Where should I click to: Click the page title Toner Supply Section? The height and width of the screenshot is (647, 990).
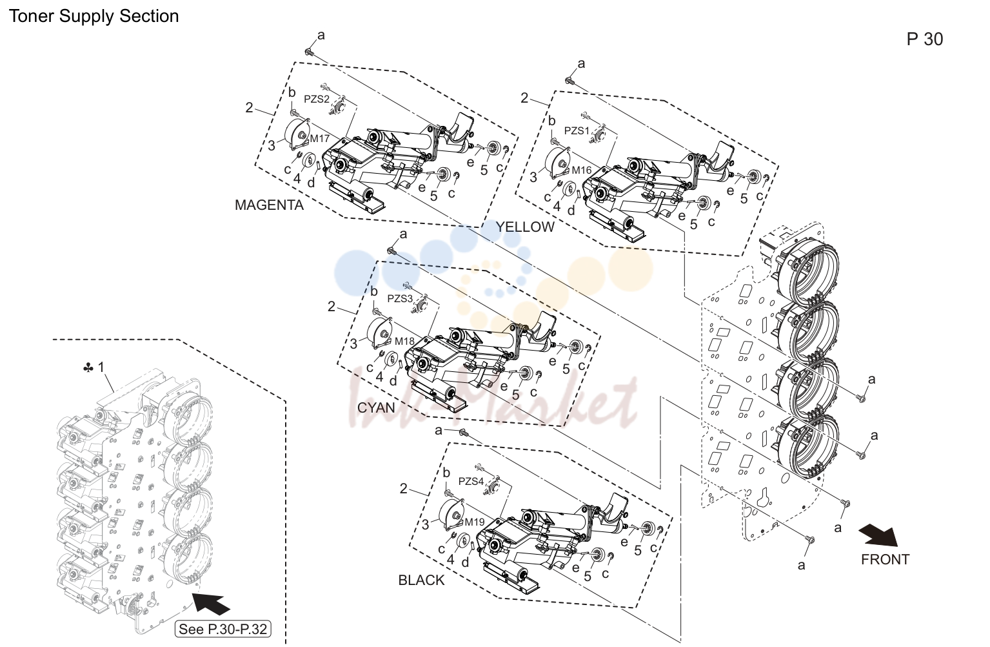point(94,16)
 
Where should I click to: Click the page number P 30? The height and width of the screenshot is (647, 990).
point(925,39)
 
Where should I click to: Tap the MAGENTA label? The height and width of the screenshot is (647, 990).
point(269,205)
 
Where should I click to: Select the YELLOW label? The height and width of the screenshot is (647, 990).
point(525,227)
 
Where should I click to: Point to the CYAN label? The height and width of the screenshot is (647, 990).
point(376,407)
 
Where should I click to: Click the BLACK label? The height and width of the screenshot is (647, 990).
point(421,580)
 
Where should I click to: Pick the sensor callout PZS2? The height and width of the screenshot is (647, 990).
point(317,99)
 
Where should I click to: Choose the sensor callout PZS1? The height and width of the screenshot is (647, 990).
point(577,131)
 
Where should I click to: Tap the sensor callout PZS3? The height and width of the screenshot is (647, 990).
point(400,299)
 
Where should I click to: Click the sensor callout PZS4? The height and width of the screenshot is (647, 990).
point(471,481)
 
